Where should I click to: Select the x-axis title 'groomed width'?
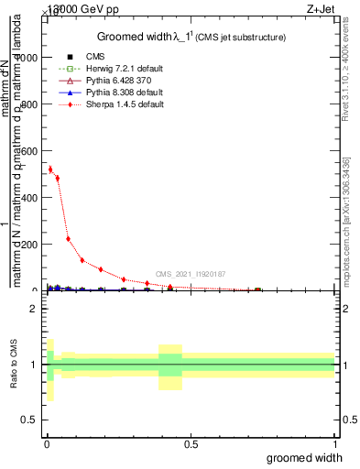point(304,457)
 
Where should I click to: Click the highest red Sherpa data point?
point(49,169)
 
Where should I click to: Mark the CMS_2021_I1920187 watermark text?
point(190,274)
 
